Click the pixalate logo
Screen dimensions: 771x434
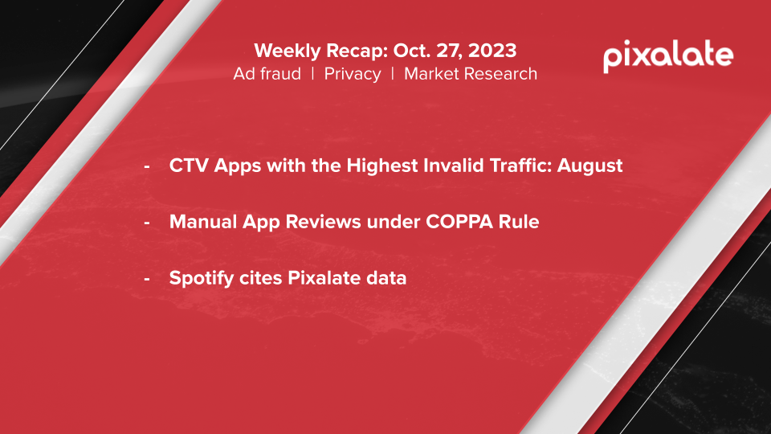[668, 56]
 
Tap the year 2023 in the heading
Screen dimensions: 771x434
[492, 51]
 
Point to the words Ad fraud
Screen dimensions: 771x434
[267, 74]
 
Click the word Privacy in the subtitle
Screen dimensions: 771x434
[352, 74]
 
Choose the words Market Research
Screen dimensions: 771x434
[471, 74]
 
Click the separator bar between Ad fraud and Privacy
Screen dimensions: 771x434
[312, 74]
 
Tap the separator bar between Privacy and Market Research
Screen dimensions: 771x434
[393, 74]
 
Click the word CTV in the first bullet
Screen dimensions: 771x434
[189, 166]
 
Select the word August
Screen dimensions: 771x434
[589, 166]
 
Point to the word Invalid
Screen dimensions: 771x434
[453, 166]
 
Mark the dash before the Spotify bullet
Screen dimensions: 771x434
[146, 279]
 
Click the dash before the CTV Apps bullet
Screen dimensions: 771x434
[146, 167]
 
